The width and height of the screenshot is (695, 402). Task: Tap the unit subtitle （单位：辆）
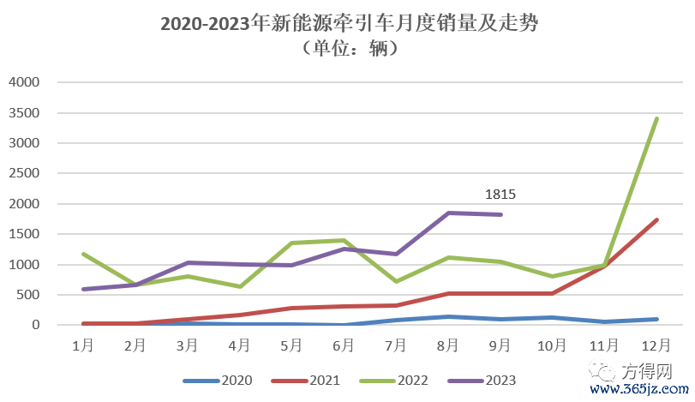click(x=347, y=50)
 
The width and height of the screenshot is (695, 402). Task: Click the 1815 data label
click(x=500, y=195)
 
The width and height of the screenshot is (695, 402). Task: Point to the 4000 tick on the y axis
click(x=24, y=82)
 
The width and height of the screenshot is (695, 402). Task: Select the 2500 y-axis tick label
click(x=24, y=173)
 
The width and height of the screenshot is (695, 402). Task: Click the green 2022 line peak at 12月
click(x=656, y=118)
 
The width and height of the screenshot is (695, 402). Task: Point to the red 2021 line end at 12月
click(x=656, y=219)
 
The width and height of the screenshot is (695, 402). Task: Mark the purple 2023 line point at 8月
click(x=448, y=213)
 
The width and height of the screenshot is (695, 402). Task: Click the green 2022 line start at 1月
click(x=83, y=254)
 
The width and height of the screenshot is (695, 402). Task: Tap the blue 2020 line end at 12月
click(x=656, y=319)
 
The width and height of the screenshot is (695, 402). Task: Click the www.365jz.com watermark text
click(x=639, y=391)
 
